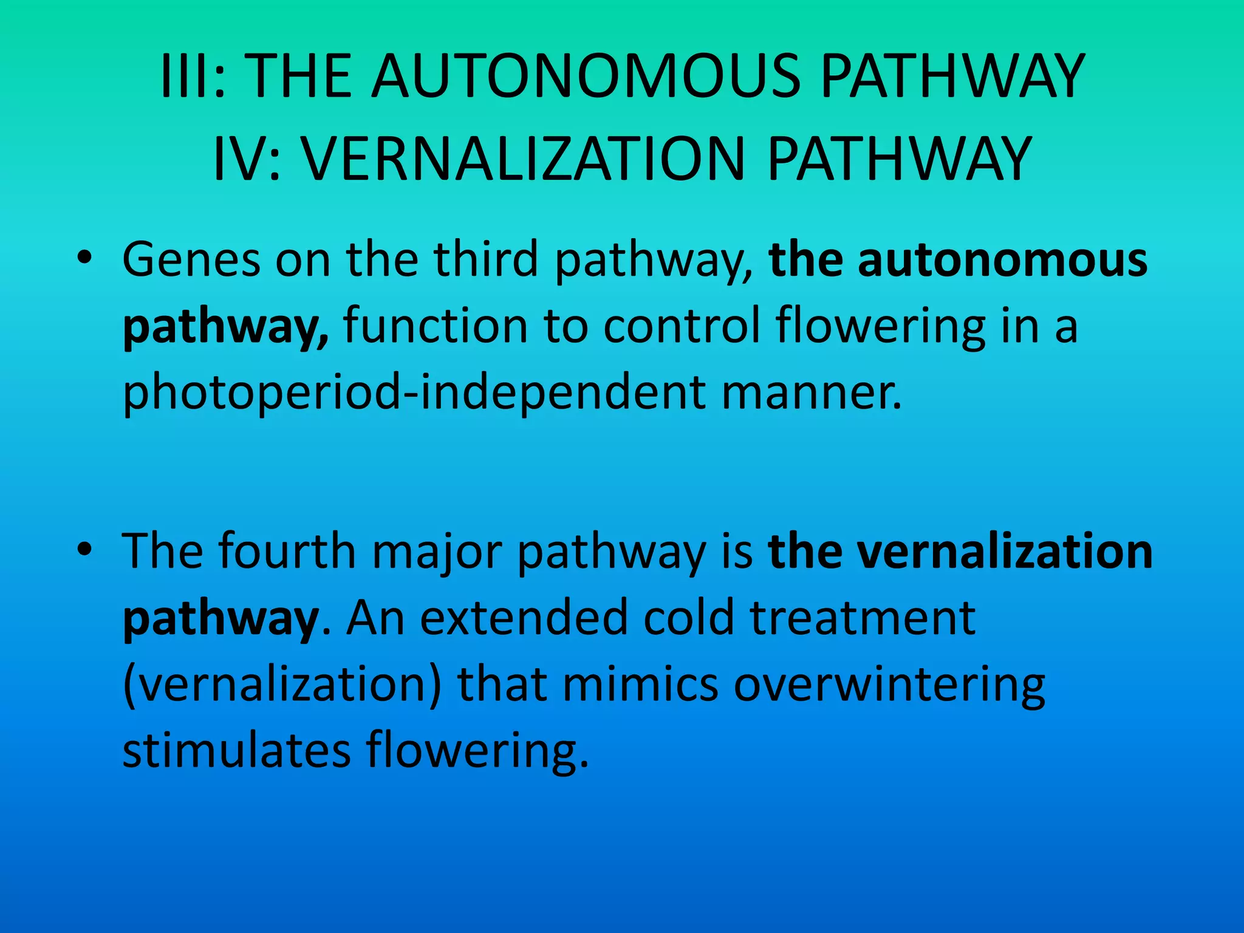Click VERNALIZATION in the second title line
point(523,159)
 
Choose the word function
point(436,326)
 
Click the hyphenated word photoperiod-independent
point(414,392)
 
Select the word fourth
point(287,551)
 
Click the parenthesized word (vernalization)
point(282,685)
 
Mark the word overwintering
point(889,685)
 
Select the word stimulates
point(236,751)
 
